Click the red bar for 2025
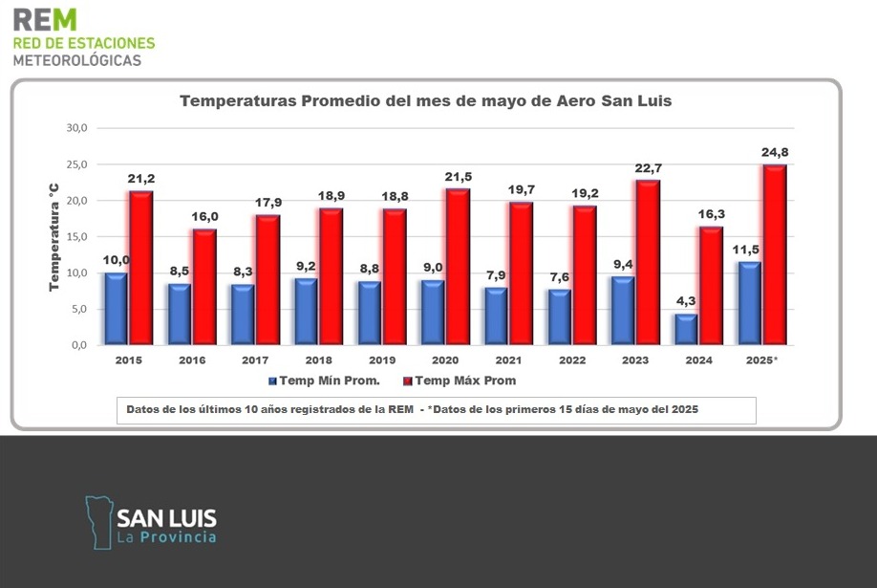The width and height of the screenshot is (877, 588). click(x=774, y=254)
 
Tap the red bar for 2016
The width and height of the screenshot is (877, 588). click(x=204, y=286)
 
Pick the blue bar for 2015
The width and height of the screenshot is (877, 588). click(x=116, y=308)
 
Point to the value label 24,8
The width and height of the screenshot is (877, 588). click(x=775, y=152)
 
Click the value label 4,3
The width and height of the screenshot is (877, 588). click(x=685, y=302)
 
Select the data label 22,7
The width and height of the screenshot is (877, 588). click(x=648, y=168)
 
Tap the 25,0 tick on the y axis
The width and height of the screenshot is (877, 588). click(x=75, y=164)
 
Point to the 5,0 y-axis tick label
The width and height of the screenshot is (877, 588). click(x=78, y=309)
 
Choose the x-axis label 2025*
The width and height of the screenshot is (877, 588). click(x=761, y=360)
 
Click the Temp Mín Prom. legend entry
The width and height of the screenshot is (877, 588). click(x=323, y=381)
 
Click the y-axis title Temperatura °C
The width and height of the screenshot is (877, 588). click(x=54, y=235)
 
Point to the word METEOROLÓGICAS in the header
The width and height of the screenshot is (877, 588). click(x=76, y=59)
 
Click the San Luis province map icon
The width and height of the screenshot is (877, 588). click(x=97, y=522)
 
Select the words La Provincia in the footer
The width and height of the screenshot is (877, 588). click(x=166, y=537)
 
